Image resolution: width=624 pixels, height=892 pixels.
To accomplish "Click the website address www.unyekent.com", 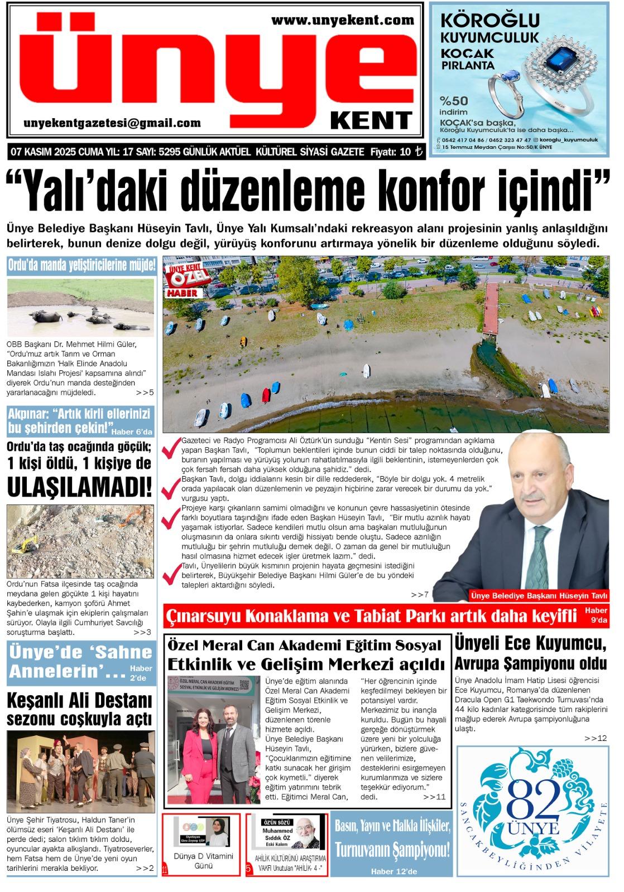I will click(x=343, y=21).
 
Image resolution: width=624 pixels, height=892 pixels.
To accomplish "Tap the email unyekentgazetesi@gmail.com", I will click(x=112, y=123).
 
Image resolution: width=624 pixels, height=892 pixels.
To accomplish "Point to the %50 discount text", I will click(x=454, y=101).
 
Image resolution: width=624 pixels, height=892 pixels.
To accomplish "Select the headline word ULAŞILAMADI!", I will click(x=80, y=487).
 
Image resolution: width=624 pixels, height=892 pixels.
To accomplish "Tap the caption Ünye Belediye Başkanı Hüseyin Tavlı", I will click(x=539, y=595).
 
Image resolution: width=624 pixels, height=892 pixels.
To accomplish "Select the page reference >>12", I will click(x=596, y=738).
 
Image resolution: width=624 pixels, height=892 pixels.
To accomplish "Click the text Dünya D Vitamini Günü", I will click(x=204, y=861).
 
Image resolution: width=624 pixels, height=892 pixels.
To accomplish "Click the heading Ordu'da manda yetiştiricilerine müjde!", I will click(x=81, y=265).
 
